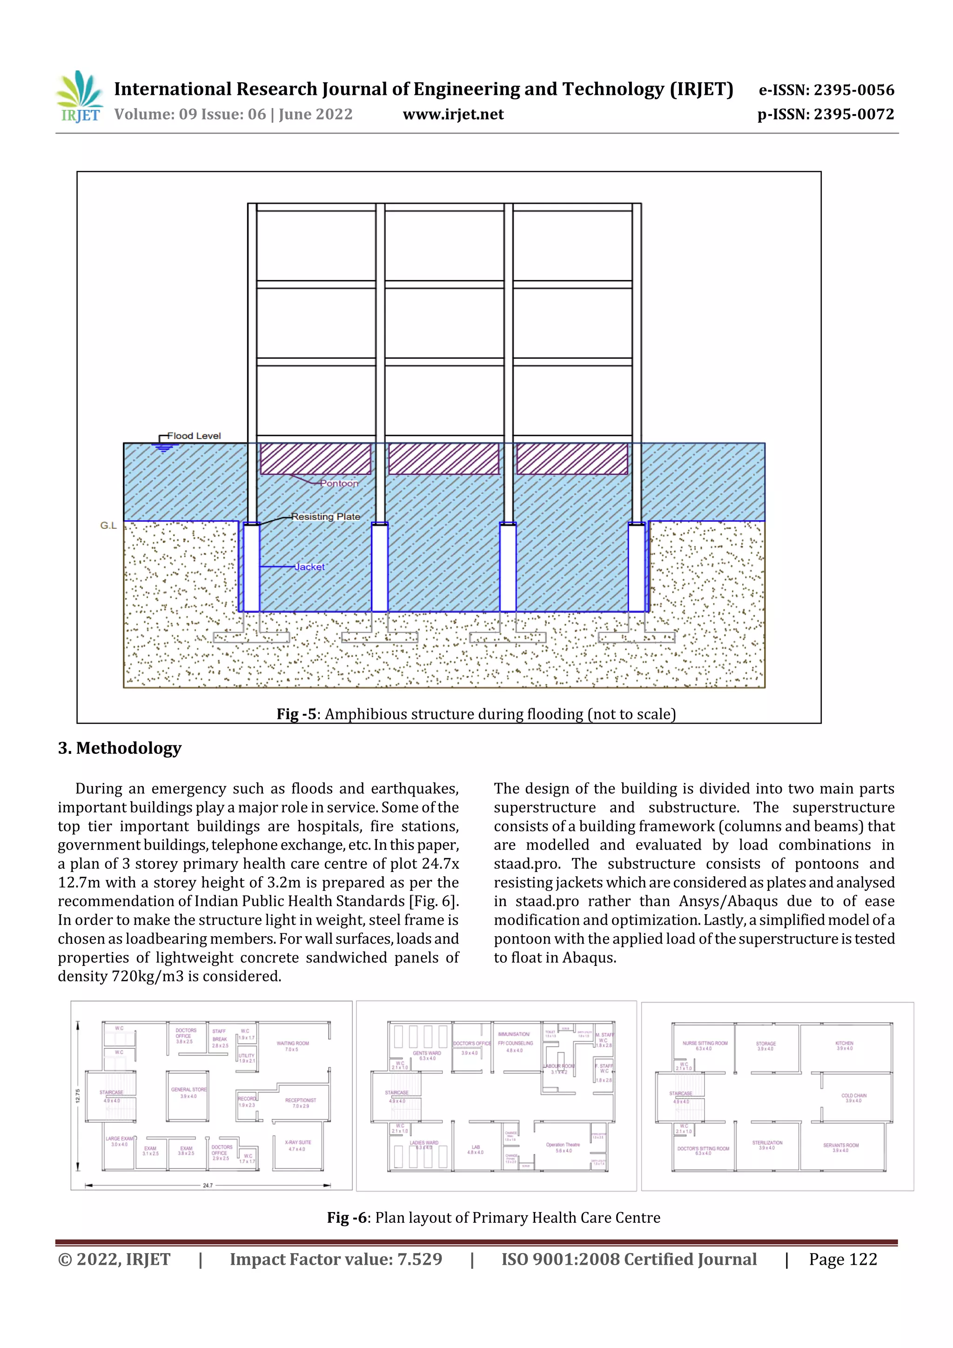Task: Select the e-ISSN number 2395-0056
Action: coord(852,90)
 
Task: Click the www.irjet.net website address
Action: coord(453,114)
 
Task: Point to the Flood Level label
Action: coord(194,436)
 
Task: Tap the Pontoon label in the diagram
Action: coord(339,483)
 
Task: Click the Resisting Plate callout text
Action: coord(325,516)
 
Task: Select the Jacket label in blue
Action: coord(309,567)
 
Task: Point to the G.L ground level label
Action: coord(108,525)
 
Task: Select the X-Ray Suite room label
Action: coord(298,1145)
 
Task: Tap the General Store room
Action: coord(188,1093)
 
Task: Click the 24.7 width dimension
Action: coord(208,1185)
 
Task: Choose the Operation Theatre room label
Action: coord(563,1147)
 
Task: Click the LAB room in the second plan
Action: coord(476,1149)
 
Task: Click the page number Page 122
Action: coord(843,1259)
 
